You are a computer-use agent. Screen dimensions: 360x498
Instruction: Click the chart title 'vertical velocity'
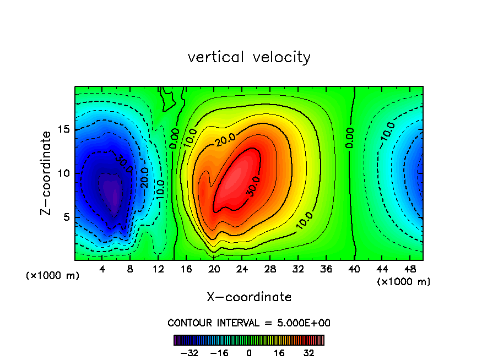pyautogui.click(x=249, y=57)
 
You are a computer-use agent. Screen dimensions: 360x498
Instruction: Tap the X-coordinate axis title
pyautogui.click(x=249, y=297)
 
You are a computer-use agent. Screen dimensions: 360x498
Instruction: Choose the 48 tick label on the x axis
pyautogui.click(x=409, y=270)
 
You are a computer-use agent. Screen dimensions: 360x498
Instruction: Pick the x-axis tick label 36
pyautogui.click(x=326, y=270)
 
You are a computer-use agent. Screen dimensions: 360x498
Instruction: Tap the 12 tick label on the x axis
pyautogui.click(x=158, y=270)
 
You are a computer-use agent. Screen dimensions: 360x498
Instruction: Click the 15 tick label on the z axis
pyautogui.click(x=63, y=129)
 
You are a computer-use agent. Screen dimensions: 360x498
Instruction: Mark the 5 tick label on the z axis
pyautogui.click(x=66, y=217)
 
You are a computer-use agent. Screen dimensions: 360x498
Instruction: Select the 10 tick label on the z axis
pyautogui.click(x=63, y=173)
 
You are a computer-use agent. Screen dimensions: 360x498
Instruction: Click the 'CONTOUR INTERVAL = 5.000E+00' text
pyautogui.click(x=249, y=323)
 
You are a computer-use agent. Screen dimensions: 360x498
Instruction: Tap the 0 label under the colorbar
pyautogui.click(x=249, y=353)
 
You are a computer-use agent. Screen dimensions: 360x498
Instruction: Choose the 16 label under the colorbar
pyautogui.click(x=279, y=353)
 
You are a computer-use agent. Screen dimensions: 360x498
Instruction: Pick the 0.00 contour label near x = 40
pyautogui.click(x=350, y=138)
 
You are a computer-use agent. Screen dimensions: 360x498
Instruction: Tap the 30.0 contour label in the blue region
pyautogui.click(x=123, y=163)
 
